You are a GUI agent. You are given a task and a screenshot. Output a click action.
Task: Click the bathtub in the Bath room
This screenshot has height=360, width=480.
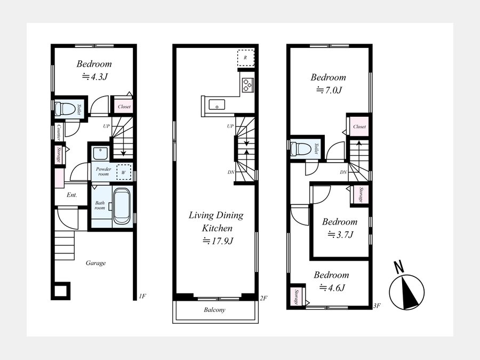pyautogui.click(x=122, y=206)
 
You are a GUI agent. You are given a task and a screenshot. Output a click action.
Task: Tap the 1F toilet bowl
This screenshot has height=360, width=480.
pyautogui.click(x=65, y=109)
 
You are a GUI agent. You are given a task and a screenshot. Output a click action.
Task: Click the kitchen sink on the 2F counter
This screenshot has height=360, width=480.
pyautogui.click(x=217, y=105)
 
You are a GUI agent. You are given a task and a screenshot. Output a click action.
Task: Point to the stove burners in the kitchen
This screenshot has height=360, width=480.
pyautogui.click(x=247, y=85)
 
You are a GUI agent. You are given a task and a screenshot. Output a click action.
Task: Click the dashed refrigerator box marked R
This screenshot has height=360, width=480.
pyautogui.click(x=246, y=58)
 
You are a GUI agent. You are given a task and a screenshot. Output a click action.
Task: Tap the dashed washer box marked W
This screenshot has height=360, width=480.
pyautogui.click(x=124, y=172)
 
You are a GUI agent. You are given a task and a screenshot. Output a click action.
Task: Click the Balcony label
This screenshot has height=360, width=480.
pyautogui.click(x=214, y=310)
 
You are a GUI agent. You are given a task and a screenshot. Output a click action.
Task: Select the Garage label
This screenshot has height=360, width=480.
pyautogui.click(x=95, y=263)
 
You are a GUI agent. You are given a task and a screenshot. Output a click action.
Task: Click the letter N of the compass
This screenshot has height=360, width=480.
pyautogui.click(x=398, y=267)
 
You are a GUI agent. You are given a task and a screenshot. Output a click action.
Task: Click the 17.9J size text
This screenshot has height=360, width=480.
pyautogui.click(x=218, y=241)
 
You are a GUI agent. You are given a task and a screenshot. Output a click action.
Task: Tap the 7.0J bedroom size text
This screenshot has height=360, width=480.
pyautogui.click(x=329, y=90)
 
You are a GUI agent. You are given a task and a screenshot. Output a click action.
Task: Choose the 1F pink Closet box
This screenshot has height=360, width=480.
pyautogui.click(x=124, y=107)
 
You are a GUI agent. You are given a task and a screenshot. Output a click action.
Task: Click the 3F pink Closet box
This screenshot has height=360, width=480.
pyautogui.click(x=359, y=126)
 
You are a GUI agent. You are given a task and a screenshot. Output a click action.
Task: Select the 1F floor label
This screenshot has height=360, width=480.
pyautogui.click(x=142, y=296)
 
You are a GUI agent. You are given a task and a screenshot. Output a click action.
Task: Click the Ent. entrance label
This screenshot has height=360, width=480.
pyautogui.click(x=72, y=195)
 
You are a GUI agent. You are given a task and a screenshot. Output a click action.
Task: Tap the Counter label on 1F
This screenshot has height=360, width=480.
pyautogui.click(x=59, y=132)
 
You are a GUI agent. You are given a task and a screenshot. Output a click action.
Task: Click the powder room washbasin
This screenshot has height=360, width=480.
pyautogui.click(x=100, y=154)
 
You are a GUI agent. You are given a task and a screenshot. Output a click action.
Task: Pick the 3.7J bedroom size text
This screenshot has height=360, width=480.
pyautogui.click(x=340, y=235)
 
